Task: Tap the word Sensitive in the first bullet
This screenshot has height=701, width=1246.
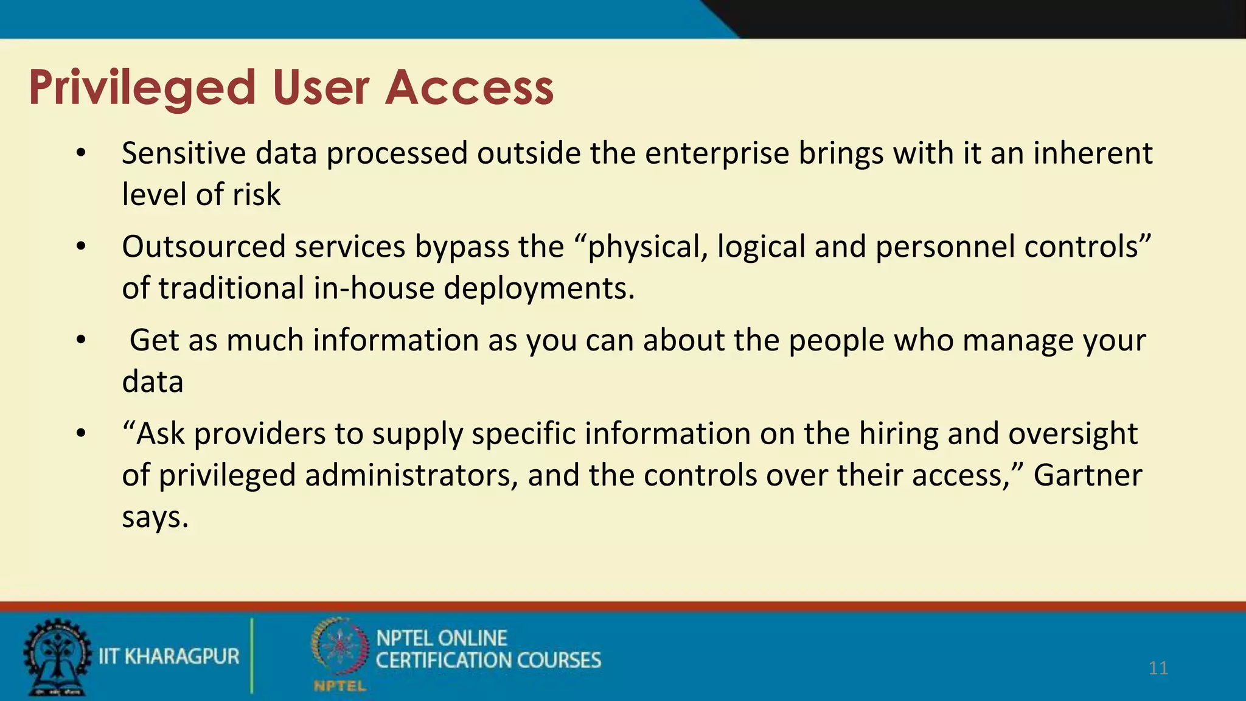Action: click(x=184, y=153)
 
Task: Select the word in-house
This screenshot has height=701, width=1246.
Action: click(x=374, y=288)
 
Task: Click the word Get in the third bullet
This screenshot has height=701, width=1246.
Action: click(x=155, y=340)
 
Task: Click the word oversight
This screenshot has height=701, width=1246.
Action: click(x=1073, y=434)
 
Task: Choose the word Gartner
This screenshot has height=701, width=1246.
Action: click(x=1088, y=475)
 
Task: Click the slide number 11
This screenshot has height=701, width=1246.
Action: click(x=1158, y=668)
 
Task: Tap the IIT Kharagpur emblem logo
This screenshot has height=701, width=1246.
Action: click(x=57, y=657)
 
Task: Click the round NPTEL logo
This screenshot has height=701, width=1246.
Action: click(x=339, y=647)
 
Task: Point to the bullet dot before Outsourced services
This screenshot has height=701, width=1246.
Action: click(x=82, y=247)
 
